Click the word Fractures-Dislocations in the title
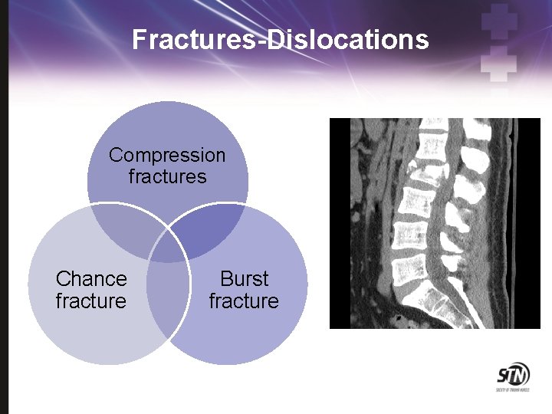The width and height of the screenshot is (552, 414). pyautogui.click(x=280, y=39)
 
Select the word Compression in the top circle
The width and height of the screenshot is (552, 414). pyautogui.click(x=167, y=155)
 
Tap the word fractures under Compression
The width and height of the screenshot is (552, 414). pyautogui.click(x=167, y=177)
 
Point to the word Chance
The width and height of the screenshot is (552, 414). pyautogui.click(x=91, y=278)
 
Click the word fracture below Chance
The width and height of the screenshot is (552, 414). pyautogui.click(x=90, y=301)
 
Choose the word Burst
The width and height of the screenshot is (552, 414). pyautogui.click(x=244, y=278)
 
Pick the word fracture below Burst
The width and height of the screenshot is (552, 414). pyautogui.click(x=244, y=301)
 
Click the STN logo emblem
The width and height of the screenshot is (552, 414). pyautogui.click(x=511, y=376)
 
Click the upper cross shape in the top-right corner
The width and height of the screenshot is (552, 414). pyautogui.click(x=499, y=21)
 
